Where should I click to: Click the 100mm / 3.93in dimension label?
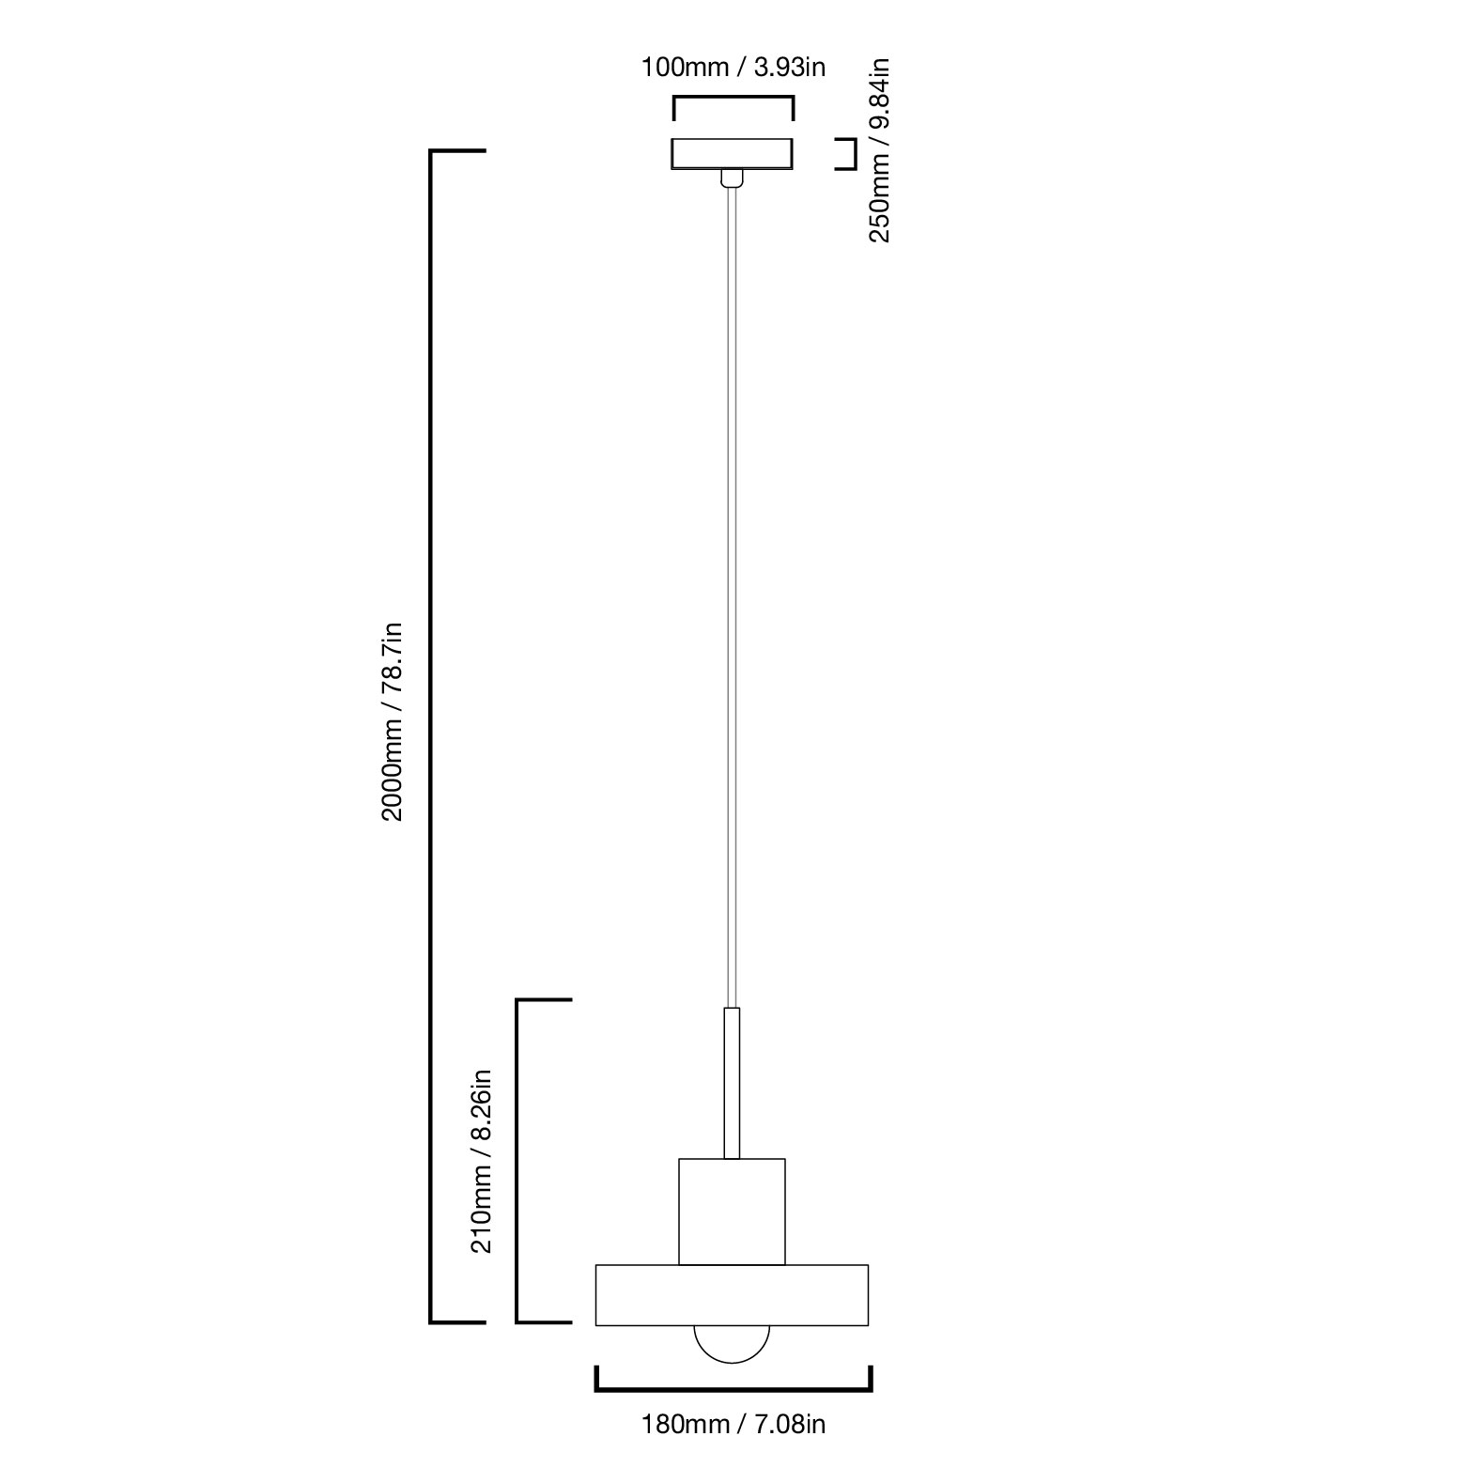[733, 68]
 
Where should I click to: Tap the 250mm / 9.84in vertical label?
[879, 151]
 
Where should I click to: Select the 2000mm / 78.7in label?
[392, 721]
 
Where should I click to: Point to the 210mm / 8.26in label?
[481, 1161]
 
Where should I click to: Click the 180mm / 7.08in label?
[733, 1425]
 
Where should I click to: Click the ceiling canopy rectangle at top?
[733, 154]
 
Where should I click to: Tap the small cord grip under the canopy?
[732, 178]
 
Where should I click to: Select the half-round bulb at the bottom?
[732, 1344]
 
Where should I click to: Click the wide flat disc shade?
[732, 1295]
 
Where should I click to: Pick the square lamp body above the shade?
[732, 1212]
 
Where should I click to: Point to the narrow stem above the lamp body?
[732, 1083]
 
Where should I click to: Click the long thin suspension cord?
[732, 598]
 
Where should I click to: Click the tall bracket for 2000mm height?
[432, 736]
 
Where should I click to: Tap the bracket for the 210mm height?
[517, 1161]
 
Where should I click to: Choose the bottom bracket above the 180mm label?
[733, 1388]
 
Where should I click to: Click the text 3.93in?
[789, 68]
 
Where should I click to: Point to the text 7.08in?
[790, 1425]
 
